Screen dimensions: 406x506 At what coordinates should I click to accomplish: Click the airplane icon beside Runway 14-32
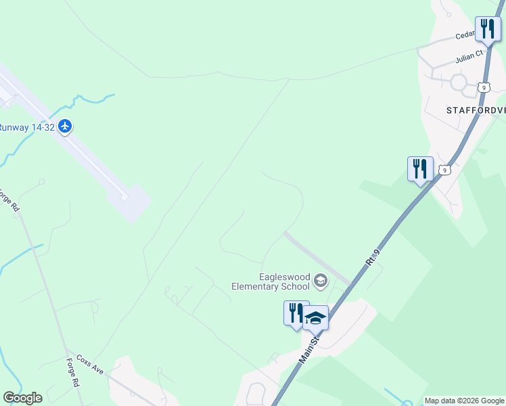coord(65,127)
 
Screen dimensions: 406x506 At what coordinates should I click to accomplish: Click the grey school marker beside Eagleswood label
coord(321,281)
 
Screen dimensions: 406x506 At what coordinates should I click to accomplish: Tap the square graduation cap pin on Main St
coord(315,317)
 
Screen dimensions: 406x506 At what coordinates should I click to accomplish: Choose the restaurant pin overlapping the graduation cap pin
coord(295,313)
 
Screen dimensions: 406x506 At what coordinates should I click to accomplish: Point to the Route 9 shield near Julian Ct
coord(482,87)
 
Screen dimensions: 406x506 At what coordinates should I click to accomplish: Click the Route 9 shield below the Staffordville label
coord(444,170)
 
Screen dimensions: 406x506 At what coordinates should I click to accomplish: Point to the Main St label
coord(310,352)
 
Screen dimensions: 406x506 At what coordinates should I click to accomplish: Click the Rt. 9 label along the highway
coord(375,260)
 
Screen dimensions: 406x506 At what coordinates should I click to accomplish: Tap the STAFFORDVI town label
coord(476,110)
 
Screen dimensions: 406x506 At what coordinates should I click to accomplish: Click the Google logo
coord(22,398)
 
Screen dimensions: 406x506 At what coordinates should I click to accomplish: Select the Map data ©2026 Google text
coord(464,401)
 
